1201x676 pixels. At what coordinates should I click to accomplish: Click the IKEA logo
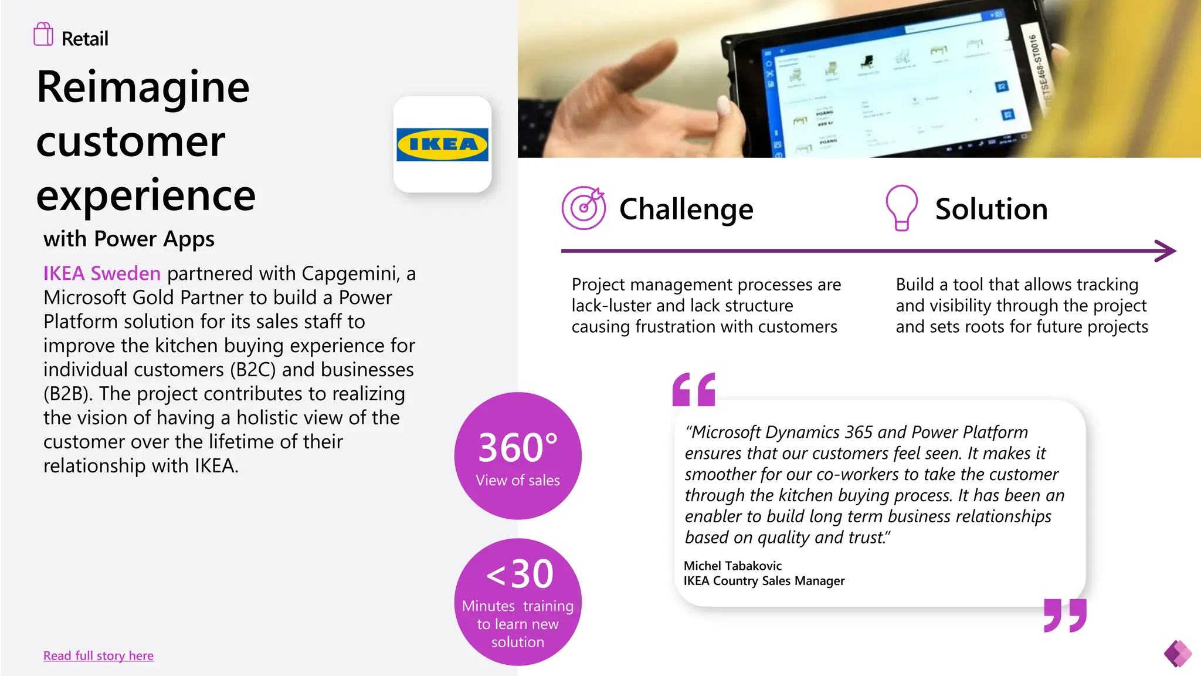coord(442,144)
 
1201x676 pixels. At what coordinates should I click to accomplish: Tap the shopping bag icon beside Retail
coord(43,35)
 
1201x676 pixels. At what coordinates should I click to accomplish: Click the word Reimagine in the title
coord(143,87)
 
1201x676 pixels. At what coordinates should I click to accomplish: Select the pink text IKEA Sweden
coord(101,273)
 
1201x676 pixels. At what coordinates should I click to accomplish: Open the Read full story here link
coord(99,655)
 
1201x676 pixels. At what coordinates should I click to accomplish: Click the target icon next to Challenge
coord(583,208)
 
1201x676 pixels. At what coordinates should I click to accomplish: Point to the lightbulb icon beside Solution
coord(901,208)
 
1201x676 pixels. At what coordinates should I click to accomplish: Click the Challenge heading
coord(686,209)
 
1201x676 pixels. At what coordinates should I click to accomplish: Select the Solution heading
coord(991,209)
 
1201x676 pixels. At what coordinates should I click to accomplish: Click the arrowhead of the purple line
coord(1166,251)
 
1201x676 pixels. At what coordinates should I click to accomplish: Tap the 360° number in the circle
coord(518,447)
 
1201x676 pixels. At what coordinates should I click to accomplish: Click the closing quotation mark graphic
coord(1065,615)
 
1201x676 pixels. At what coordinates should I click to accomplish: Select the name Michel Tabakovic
coord(732,566)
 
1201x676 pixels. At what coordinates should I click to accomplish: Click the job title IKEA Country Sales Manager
coord(764,581)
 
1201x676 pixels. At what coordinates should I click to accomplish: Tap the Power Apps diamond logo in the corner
coord(1178,653)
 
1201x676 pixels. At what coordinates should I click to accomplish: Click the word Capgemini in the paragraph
coord(350,273)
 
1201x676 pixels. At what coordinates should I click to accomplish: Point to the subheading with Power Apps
coord(129,239)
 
